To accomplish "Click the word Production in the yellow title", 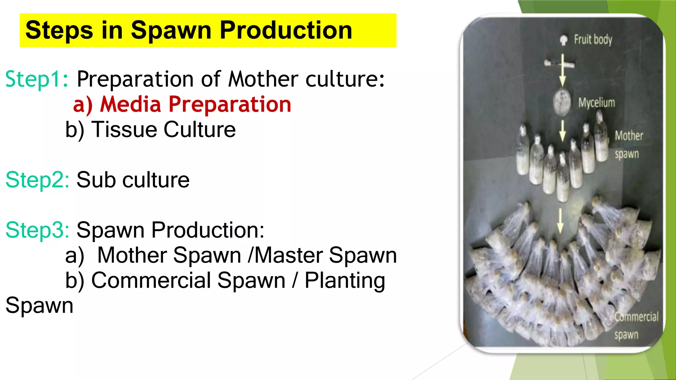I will click(286, 30).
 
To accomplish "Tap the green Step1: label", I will click(37, 79).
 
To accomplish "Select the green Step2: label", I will click(37, 180).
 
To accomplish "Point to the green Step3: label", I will click(37, 230).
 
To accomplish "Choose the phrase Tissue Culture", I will click(163, 129).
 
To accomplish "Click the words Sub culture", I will click(133, 180).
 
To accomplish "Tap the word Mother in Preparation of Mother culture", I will click(263, 79).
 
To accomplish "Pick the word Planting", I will click(345, 280).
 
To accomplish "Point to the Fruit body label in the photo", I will click(593, 40).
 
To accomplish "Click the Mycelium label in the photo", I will click(596, 103).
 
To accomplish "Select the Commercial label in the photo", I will click(636, 317).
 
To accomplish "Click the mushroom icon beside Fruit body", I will click(564, 40).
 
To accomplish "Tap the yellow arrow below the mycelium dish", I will click(562, 131).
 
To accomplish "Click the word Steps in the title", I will click(59, 30).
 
